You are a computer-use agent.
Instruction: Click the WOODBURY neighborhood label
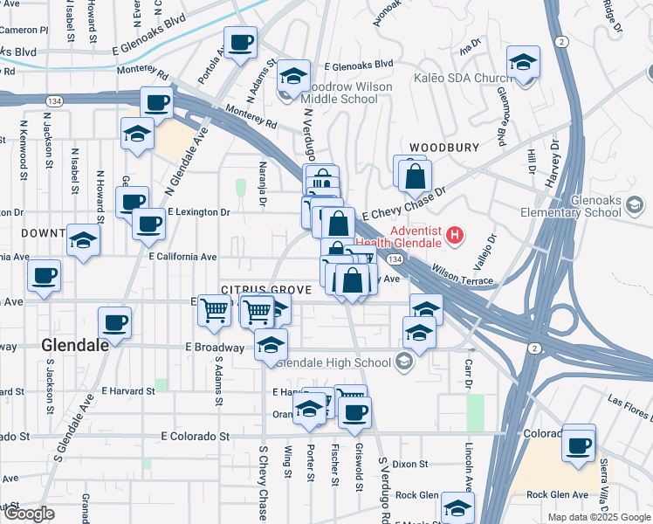[x=444, y=148]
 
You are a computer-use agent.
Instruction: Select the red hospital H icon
[x=454, y=234]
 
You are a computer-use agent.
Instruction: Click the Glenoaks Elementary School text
[x=606, y=206]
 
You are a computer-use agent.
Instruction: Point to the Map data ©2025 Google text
[x=599, y=517]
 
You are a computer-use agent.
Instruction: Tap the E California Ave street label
[x=182, y=257]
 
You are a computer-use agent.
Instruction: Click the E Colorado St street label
[x=197, y=435]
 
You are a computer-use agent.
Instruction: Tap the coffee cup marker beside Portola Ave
[x=240, y=42]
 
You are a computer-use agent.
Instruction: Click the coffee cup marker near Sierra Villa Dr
[x=578, y=444]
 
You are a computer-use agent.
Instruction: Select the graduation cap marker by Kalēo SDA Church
[x=523, y=63]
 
